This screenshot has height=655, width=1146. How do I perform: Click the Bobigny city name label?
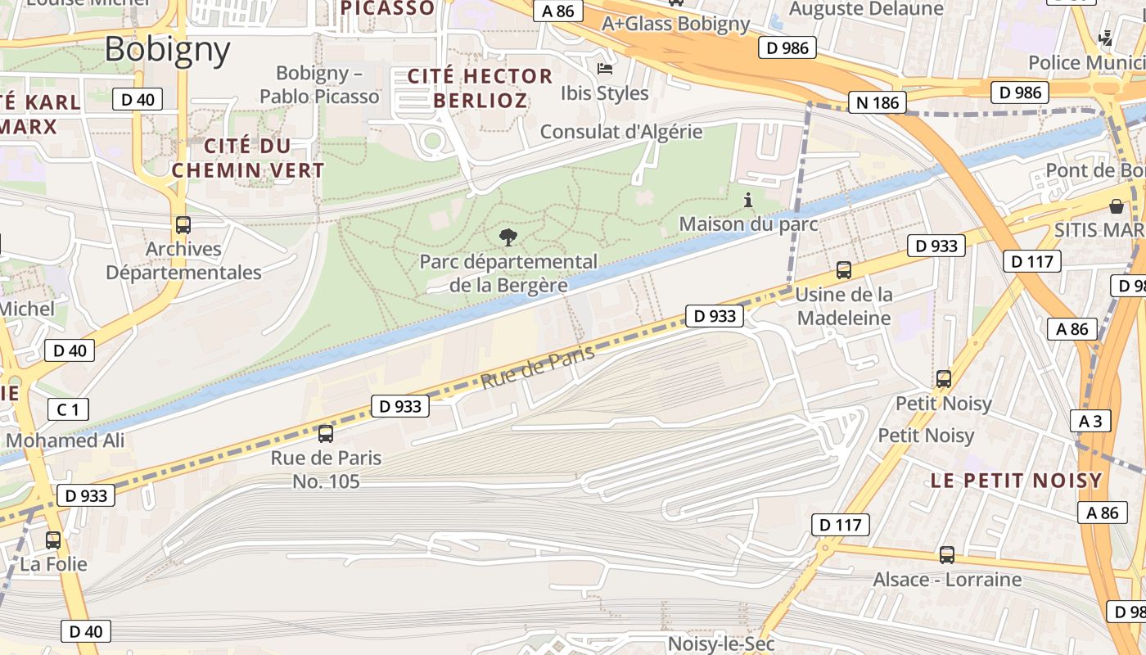[167, 50]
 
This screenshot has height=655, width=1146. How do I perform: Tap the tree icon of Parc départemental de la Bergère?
[508, 238]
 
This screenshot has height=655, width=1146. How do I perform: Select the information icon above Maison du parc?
[747, 200]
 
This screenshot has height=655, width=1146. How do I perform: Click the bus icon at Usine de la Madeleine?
[843, 269]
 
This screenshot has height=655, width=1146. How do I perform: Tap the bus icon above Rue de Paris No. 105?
[326, 434]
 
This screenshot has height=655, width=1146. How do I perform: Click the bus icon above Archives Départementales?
[183, 225]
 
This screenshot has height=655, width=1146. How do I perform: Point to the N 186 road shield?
[878, 102]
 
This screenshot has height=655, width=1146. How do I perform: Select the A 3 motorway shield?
[1090, 421]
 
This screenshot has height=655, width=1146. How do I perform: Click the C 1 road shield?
[68, 409]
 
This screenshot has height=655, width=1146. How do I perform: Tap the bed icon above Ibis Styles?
[605, 69]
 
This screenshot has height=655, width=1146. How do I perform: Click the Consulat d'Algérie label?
[621, 131]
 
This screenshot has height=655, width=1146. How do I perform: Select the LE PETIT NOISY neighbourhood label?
[1016, 481]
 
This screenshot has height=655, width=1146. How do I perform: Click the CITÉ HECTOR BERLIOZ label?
[480, 88]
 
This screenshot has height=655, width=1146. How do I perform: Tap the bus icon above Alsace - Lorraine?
[947, 555]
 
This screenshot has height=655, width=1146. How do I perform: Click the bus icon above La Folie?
[53, 540]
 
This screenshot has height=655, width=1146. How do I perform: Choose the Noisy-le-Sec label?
[720, 644]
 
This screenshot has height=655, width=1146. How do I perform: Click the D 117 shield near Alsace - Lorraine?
[841, 525]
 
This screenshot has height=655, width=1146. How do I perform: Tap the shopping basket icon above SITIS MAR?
[1116, 206]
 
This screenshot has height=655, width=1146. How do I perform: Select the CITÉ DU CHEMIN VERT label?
[248, 158]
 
